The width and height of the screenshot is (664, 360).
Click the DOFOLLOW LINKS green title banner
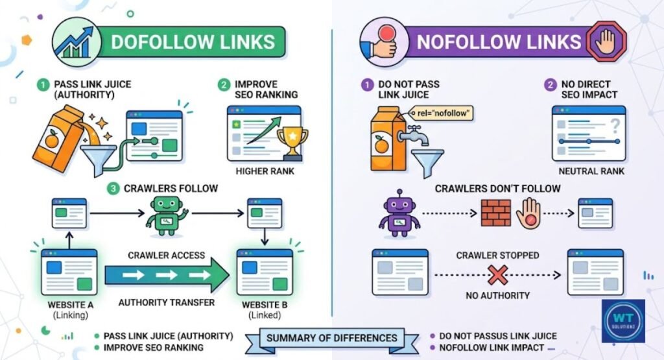193,42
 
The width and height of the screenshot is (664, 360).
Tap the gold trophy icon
291,142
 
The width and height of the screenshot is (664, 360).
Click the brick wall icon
496,213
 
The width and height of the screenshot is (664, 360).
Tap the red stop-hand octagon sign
607,42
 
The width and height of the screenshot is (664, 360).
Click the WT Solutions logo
623,320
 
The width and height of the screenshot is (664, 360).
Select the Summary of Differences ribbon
331,338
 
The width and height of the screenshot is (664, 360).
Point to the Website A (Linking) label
69,309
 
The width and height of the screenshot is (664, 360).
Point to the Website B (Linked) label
264,309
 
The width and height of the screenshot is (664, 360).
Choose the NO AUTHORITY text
497,296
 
